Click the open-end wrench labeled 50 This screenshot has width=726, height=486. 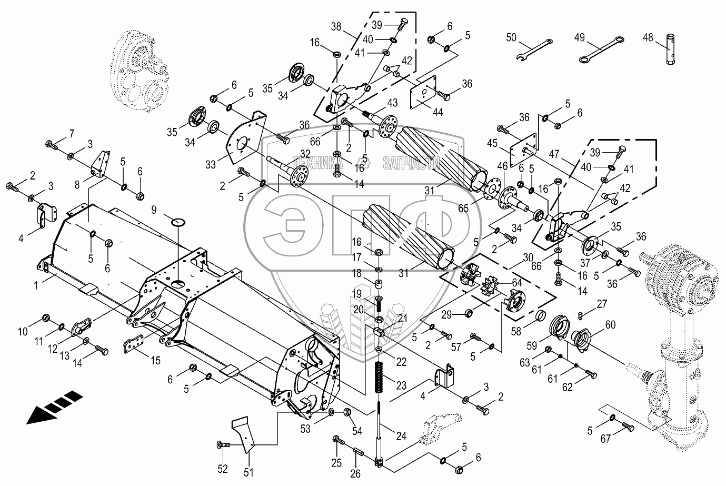[x=534, y=49]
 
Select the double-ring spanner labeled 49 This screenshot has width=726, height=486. [x=601, y=49]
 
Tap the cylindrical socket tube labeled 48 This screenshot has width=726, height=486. [x=671, y=49]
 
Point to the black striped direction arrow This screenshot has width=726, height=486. [x=54, y=407]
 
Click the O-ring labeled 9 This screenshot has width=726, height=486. [x=178, y=222]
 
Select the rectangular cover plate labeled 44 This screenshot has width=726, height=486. [x=423, y=92]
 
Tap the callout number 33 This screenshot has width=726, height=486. [x=211, y=165]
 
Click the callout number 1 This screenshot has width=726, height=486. [x=36, y=285]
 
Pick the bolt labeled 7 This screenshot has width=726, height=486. [x=52, y=145]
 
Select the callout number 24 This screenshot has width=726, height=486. [x=401, y=436]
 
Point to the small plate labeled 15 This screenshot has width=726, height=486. [x=133, y=343]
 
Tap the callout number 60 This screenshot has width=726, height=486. [x=610, y=324]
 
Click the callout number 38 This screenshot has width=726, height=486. [x=336, y=26]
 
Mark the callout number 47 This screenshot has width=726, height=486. [x=554, y=154]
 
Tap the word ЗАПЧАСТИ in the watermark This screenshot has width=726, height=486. [x=411, y=164]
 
